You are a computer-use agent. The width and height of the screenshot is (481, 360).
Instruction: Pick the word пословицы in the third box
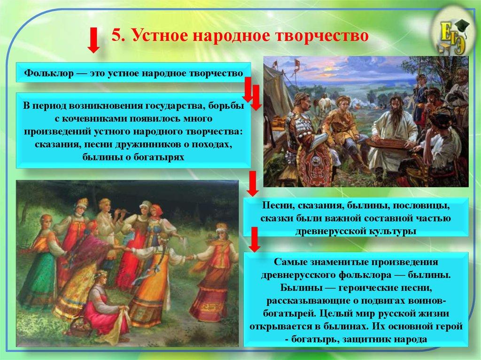pyautogui.click(x=420, y=207)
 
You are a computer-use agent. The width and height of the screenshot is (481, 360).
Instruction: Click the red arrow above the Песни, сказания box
pyautogui.click(x=253, y=184)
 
